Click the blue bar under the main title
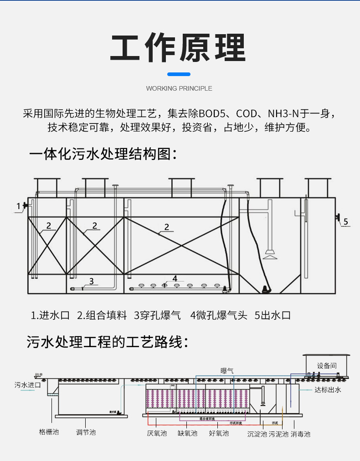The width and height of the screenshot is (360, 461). tap(179, 74)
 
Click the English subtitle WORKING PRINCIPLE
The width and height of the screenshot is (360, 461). tap(179, 88)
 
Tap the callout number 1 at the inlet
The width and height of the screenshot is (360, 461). tap(19, 206)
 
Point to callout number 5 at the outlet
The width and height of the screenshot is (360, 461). tap(346, 222)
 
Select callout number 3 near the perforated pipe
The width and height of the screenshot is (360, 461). tap(91, 281)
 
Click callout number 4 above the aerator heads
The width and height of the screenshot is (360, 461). tap(175, 278)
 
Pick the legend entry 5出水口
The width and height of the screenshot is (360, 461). tap(273, 315)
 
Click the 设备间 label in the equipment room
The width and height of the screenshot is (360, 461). tap(327, 365)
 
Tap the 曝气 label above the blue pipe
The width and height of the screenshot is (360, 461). tap(227, 371)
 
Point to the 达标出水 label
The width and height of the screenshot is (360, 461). tap(328, 389)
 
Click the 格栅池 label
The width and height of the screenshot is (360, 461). tap(49, 431)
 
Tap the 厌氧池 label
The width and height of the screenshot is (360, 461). tap(157, 433)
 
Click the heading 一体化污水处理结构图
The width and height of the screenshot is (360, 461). tap(103, 154)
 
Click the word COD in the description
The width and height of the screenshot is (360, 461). tap(246, 113)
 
